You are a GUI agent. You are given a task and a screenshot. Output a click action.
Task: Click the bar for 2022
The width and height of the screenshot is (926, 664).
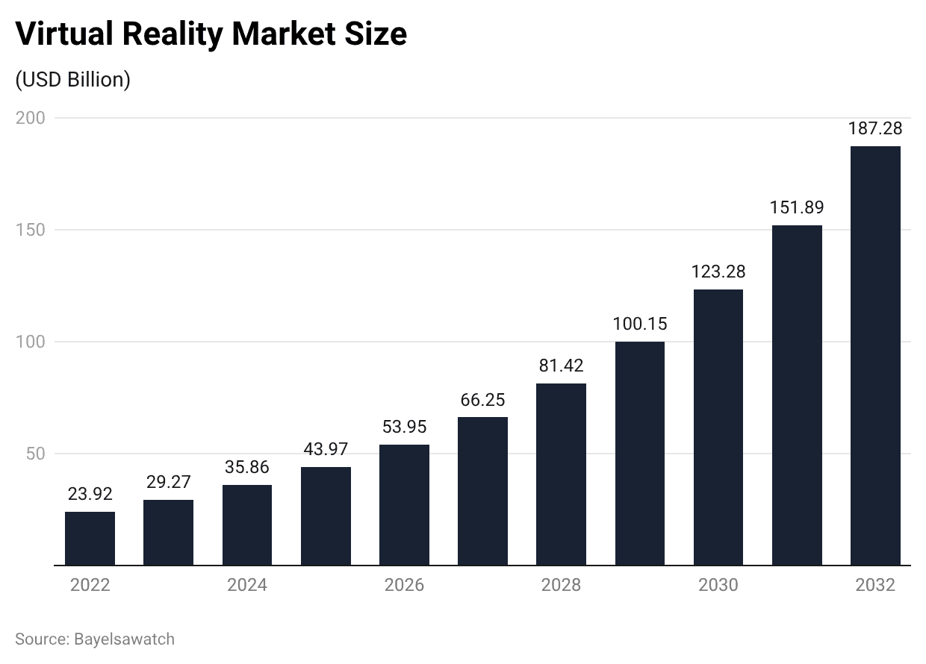tap(90, 538)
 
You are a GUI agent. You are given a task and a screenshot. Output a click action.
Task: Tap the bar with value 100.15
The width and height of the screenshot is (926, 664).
tap(640, 453)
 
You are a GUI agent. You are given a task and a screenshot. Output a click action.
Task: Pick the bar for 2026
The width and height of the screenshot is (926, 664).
tap(404, 504)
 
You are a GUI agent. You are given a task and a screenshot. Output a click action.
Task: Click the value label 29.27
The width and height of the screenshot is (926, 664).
tap(168, 482)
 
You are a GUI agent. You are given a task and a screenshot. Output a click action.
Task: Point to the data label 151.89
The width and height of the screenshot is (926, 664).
tap(797, 207)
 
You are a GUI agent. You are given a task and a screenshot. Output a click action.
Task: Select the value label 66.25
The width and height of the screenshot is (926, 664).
tap(482, 400)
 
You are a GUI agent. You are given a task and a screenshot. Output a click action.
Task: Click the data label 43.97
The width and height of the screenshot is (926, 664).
tap(326, 450)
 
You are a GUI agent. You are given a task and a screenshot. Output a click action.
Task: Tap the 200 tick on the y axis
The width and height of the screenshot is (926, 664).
tap(30, 118)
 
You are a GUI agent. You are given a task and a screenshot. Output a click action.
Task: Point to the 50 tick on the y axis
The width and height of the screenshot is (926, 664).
tap(34, 454)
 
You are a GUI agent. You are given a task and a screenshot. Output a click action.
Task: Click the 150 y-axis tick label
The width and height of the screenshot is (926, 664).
tap(30, 230)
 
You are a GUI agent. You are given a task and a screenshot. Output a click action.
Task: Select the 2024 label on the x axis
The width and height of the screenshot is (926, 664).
tap(247, 585)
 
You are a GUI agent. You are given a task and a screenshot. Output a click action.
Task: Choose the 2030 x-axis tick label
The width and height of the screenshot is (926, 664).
tap(718, 585)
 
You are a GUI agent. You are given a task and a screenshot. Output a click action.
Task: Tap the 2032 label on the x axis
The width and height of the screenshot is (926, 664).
tap(875, 585)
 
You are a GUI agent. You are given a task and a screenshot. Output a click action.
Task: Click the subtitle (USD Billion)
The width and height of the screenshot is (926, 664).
tap(73, 80)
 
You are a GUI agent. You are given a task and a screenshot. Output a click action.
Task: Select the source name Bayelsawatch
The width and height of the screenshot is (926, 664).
tap(124, 639)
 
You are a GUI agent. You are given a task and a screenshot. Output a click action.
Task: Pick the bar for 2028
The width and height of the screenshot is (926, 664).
tap(561, 474)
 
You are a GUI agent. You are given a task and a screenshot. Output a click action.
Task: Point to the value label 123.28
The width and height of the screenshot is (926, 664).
tap(718, 272)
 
